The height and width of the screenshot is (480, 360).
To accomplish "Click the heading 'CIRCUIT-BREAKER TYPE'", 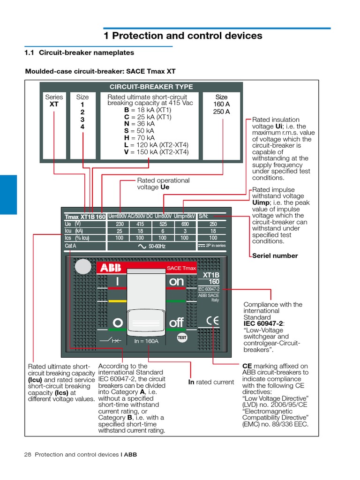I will click(x=144, y=87).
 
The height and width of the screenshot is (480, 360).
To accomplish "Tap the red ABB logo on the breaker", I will click(x=110, y=268).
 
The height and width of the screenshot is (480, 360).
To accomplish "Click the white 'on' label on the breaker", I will click(x=177, y=281).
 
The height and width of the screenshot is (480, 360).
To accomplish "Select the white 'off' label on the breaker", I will click(x=176, y=323).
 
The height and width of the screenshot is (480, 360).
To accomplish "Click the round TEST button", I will click(x=182, y=337).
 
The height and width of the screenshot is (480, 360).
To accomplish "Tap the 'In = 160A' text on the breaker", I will click(x=146, y=341).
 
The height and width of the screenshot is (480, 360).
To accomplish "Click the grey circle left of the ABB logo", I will click(x=83, y=267).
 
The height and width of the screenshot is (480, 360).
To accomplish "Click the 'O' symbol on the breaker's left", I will click(x=118, y=323).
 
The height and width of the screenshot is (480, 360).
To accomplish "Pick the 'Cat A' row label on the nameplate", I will click(x=70, y=246).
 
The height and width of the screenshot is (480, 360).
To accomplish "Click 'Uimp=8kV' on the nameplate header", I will click(x=184, y=217).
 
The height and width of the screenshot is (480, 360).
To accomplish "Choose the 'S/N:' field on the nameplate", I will click(x=203, y=217).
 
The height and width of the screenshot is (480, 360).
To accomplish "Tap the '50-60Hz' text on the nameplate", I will click(x=157, y=246).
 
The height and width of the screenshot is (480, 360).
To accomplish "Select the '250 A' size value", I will click(x=221, y=112).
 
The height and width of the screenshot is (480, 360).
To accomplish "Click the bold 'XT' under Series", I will click(x=54, y=104).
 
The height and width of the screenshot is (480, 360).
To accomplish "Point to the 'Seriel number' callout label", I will click(x=275, y=255).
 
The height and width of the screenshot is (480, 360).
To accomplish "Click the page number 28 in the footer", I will click(x=27, y=455).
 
